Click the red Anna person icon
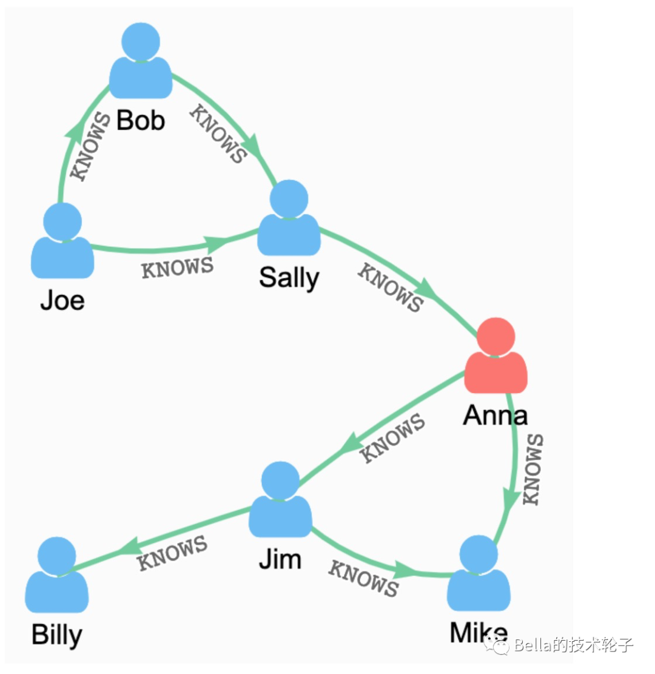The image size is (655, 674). [496, 358]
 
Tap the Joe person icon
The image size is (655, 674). [62, 243]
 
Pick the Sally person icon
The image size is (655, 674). [289, 220]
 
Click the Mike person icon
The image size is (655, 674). [479, 576]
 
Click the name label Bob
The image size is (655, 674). [141, 121]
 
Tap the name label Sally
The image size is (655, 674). [289, 278]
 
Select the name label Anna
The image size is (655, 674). [495, 416]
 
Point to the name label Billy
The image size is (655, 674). [56, 635]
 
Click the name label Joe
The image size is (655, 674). [62, 300]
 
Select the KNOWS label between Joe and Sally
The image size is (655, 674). [177, 268]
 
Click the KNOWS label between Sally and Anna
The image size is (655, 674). [389, 288]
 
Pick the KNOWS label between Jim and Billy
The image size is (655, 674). [173, 553]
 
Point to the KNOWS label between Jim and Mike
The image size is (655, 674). [363, 578]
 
